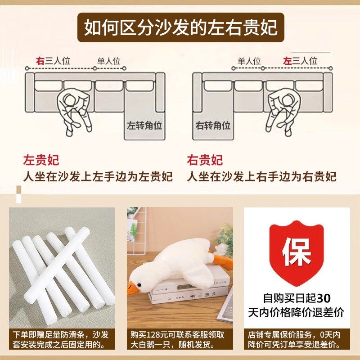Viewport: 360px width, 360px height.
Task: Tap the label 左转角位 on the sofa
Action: [144, 126]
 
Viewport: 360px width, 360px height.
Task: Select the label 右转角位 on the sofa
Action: [213, 126]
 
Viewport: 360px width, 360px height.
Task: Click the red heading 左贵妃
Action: [41, 160]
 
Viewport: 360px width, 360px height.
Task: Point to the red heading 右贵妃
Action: [205, 160]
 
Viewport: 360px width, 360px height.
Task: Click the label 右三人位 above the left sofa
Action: [54, 61]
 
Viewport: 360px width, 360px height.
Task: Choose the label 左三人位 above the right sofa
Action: [300, 61]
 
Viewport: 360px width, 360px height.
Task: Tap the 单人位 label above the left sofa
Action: [109, 61]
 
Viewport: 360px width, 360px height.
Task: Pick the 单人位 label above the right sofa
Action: [249, 61]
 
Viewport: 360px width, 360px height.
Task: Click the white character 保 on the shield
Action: [297, 252]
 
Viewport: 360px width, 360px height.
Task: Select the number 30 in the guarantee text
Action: [324, 298]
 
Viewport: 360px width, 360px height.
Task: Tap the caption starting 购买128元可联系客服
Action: [180, 340]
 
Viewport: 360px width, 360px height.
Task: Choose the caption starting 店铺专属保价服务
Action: [297, 340]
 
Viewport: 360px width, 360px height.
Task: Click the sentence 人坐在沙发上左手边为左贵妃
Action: [98, 177]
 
